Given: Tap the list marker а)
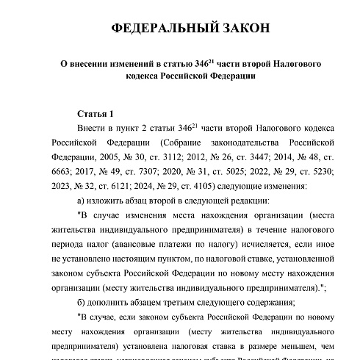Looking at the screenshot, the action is point(82,201).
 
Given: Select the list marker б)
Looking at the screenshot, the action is point(82,303).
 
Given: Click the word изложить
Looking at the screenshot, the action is point(109,201).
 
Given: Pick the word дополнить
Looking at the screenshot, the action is point(110,303).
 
